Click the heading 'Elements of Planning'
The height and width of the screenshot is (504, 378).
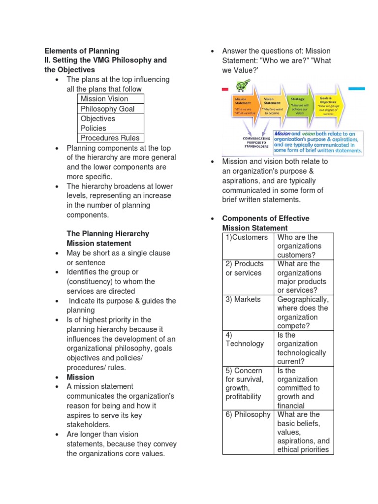pos(82,51)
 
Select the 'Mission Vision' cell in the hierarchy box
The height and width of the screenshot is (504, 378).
pos(104,98)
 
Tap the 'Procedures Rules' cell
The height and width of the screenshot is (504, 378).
pos(110,138)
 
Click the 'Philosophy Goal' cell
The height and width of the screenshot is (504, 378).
pos(107,109)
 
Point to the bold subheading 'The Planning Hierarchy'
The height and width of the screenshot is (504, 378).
pos(108,233)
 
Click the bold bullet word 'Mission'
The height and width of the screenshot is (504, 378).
pos(80,377)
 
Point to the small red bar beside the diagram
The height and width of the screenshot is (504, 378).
pos(225,90)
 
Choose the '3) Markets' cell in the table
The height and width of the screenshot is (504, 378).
pos(241,299)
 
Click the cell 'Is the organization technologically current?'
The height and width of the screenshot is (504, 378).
pos(302,348)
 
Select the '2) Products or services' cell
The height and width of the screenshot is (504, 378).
pos(245,268)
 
